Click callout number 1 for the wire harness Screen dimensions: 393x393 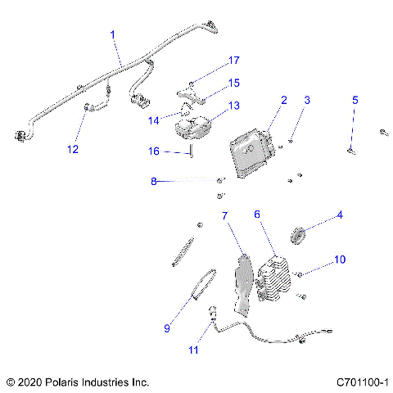113,34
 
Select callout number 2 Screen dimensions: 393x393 284,101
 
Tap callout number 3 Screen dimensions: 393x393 307,101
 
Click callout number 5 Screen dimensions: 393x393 355,101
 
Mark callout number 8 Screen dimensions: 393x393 152,182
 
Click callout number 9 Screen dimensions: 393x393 167,328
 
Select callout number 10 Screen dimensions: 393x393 340,260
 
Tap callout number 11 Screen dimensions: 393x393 193,350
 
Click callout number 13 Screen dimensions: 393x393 234,106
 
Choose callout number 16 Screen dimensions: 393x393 152,151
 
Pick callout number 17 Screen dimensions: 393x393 234,61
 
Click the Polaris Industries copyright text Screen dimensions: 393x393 77,382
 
